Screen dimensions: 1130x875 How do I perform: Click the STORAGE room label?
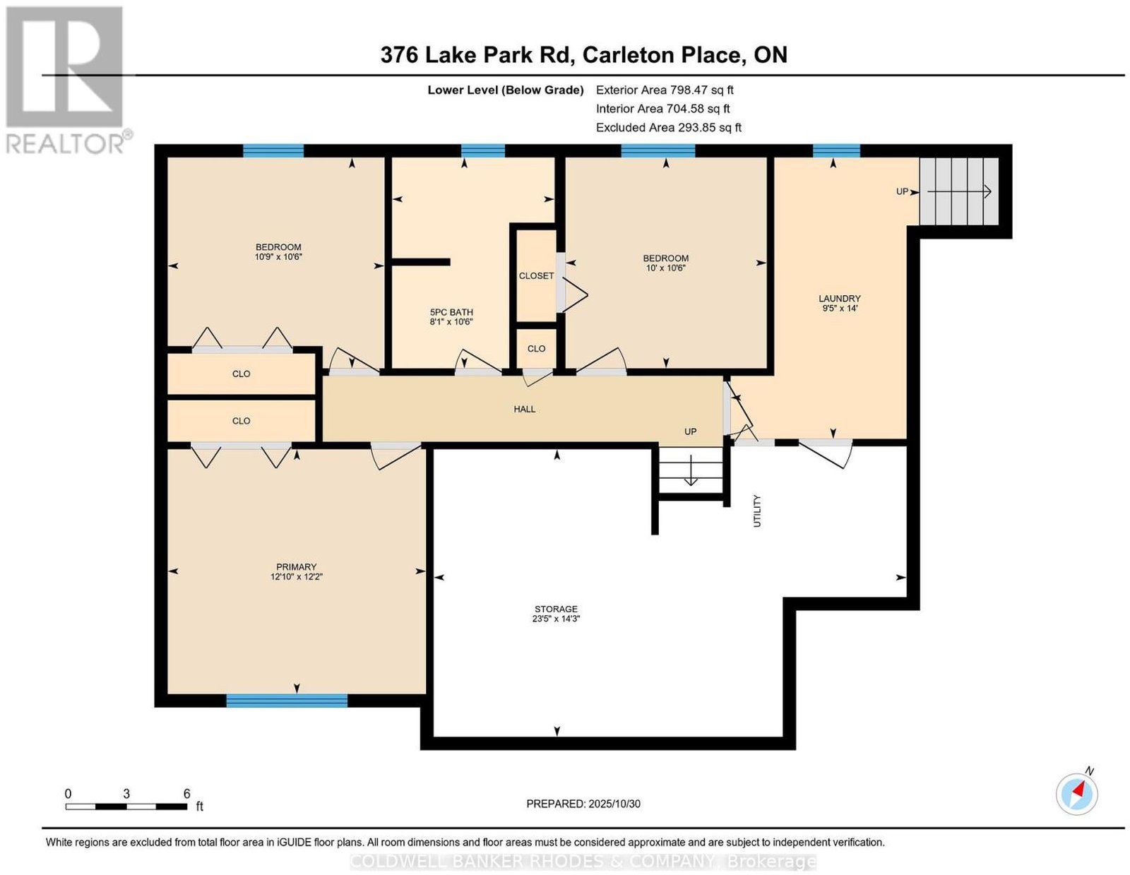[x=555, y=609]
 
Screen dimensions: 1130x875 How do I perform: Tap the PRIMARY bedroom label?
[x=296, y=566]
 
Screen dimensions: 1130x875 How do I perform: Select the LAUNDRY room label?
[x=839, y=299]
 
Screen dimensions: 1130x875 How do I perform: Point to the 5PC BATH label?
[x=451, y=312]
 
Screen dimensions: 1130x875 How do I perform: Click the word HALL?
[x=524, y=409]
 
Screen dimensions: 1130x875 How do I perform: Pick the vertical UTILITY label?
[x=756, y=511]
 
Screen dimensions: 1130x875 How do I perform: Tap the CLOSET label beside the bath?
[x=536, y=276]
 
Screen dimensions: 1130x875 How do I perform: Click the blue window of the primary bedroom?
[x=287, y=701]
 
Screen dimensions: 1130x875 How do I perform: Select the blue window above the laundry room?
[x=836, y=150]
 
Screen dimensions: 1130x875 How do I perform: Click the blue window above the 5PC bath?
[x=482, y=150]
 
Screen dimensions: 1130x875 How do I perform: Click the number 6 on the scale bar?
[x=186, y=794]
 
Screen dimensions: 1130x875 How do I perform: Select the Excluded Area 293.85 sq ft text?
[x=669, y=127]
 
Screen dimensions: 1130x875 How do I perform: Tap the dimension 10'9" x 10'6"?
[x=278, y=257]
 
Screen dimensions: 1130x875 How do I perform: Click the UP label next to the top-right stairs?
[x=902, y=192]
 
